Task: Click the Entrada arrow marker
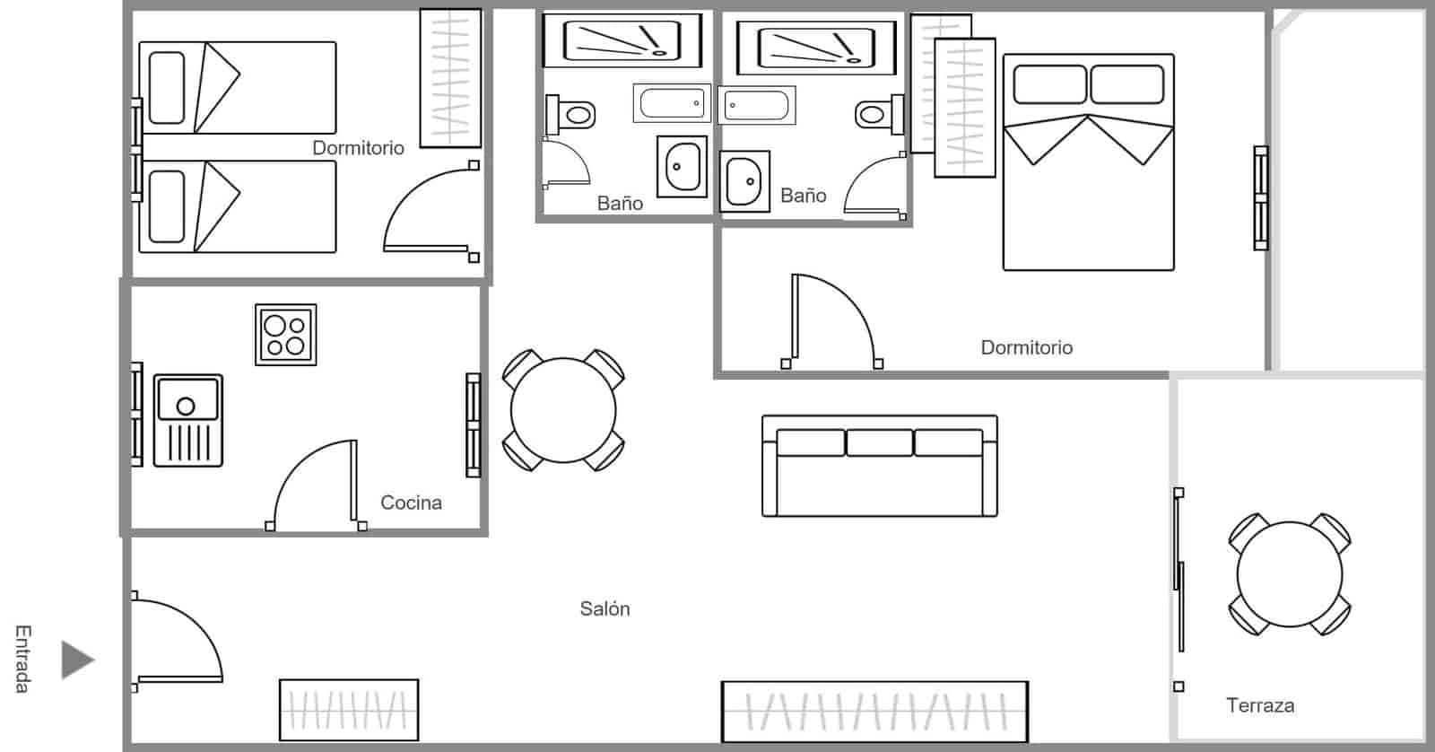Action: [x=77, y=659]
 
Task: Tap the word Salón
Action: [x=604, y=608]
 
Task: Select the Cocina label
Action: [x=412, y=503]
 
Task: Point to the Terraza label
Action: [x=1260, y=705]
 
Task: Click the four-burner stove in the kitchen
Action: [x=286, y=335]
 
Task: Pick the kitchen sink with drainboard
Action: [x=188, y=421]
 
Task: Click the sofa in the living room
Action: [x=880, y=466]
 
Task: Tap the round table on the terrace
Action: [x=1290, y=573]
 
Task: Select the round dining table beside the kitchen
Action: [x=563, y=410]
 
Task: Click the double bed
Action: [x=1089, y=162]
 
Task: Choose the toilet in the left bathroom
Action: [x=570, y=116]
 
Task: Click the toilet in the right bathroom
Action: [x=880, y=115]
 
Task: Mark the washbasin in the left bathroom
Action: [x=683, y=167]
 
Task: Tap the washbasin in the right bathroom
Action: [x=744, y=181]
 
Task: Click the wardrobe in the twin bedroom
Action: [x=450, y=78]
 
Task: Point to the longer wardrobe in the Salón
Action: [x=875, y=712]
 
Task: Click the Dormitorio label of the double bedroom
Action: [x=1026, y=347]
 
